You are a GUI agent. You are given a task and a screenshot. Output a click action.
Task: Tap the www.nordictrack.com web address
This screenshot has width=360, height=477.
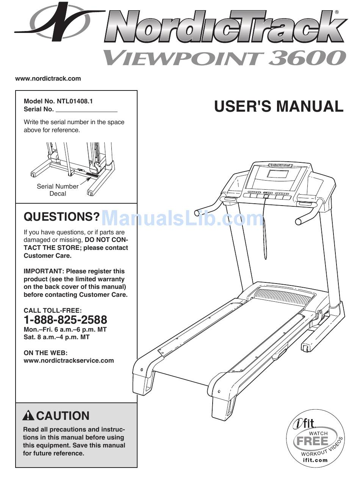click(48, 79)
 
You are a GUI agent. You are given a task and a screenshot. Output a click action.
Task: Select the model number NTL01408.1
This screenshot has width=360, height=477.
click(75, 101)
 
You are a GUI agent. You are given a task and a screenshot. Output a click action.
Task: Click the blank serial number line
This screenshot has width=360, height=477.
click(86, 110)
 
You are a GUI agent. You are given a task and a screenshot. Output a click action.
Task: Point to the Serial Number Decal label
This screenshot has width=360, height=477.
click(58, 190)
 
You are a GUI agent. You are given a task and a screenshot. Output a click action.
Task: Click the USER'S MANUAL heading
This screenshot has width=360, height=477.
click(279, 106)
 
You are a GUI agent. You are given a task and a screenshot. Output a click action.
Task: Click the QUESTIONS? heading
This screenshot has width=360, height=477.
click(62, 217)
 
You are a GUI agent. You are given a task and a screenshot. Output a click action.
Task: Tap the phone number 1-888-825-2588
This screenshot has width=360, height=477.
click(65, 320)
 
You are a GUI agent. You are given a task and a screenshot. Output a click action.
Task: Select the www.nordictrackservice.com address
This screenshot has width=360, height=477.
click(69, 360)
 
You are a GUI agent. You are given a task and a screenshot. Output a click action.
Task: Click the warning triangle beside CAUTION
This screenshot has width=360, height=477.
click(28, 416)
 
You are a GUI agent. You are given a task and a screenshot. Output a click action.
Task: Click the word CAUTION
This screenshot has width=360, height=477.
click(63, 416)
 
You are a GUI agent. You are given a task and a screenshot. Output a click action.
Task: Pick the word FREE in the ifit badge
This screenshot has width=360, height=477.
click(313, 441)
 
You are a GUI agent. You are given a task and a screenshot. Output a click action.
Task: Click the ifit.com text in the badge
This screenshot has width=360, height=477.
click(315, 460)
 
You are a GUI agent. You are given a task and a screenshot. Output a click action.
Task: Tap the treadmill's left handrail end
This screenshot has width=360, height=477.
click(197, 212)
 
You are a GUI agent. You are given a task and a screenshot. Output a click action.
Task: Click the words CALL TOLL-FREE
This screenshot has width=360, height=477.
click(53, 310)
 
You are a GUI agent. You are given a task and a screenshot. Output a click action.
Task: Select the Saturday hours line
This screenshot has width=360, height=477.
click(56, 337)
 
